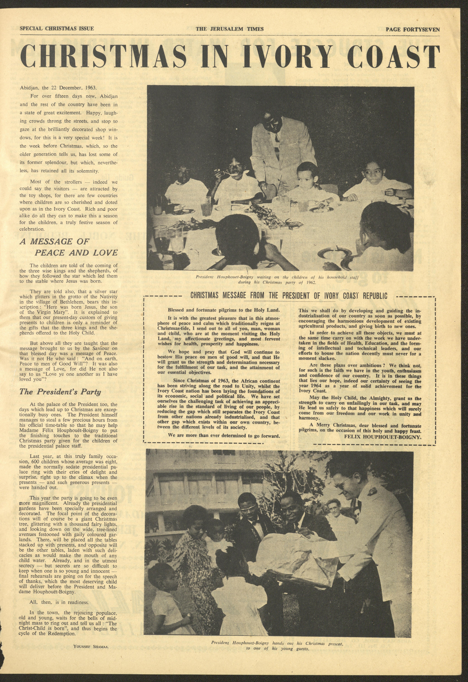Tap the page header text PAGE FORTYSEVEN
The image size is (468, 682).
tap(412, 29)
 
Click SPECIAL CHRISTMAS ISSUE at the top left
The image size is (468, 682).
tap(57, 28)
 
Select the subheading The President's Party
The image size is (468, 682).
tap(60, 392)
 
